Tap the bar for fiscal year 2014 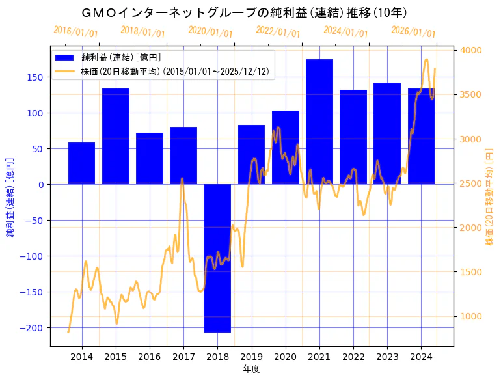tap(82, 163)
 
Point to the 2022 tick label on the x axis tap(353, 356)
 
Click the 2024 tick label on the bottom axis tap(420, 356)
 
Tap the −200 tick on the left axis tap(33, 327)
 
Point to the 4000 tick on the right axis tap(471, 50)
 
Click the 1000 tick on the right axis tap(471, 316)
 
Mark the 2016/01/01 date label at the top tap(75, 32)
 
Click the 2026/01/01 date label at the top tap(413, 32)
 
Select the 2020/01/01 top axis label tap(210, 32)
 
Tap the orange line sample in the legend tap(66, 71)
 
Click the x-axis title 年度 tap(251, 369)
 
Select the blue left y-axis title tap(10, 197)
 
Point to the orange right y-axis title tap(489, 197)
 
